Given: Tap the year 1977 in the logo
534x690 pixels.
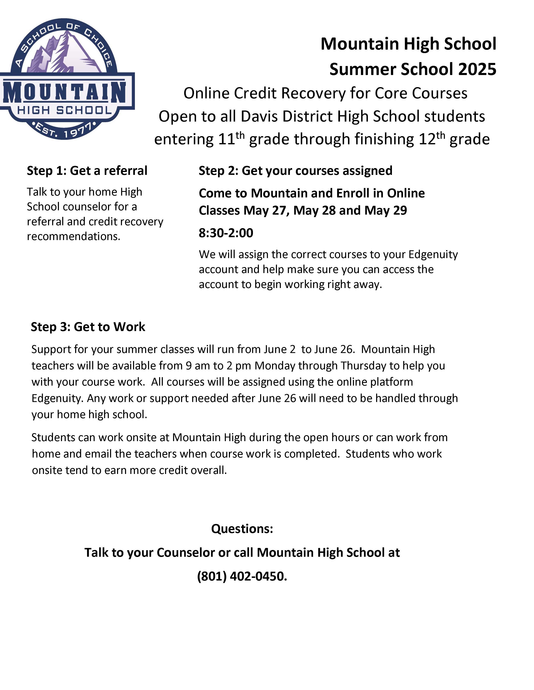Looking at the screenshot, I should [78, 132].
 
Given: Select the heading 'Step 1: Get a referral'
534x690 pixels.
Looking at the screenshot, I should [87, 171].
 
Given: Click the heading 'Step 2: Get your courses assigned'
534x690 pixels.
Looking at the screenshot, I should [295, 171].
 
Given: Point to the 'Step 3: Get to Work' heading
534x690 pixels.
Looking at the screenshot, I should [88, 327].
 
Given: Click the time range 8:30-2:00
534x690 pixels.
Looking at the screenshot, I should [226, 233].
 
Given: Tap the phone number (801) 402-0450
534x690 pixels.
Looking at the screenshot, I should [242, 576].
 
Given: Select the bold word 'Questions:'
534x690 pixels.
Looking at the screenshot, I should [242, 528].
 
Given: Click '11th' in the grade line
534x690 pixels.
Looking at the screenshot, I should [231, 139].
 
